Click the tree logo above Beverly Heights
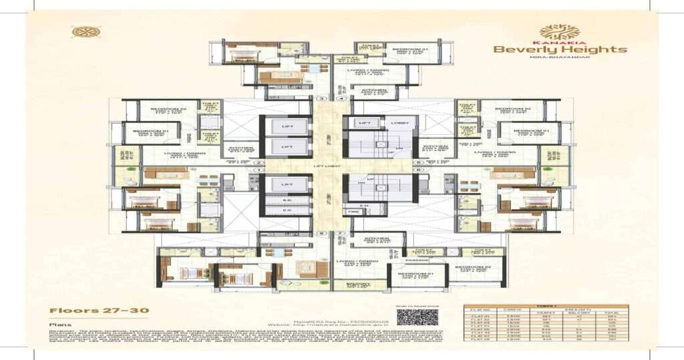coord(560,31)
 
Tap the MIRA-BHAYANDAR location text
coord(560,58)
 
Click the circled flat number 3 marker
coord(321,99)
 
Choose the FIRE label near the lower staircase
coord(354,212)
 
